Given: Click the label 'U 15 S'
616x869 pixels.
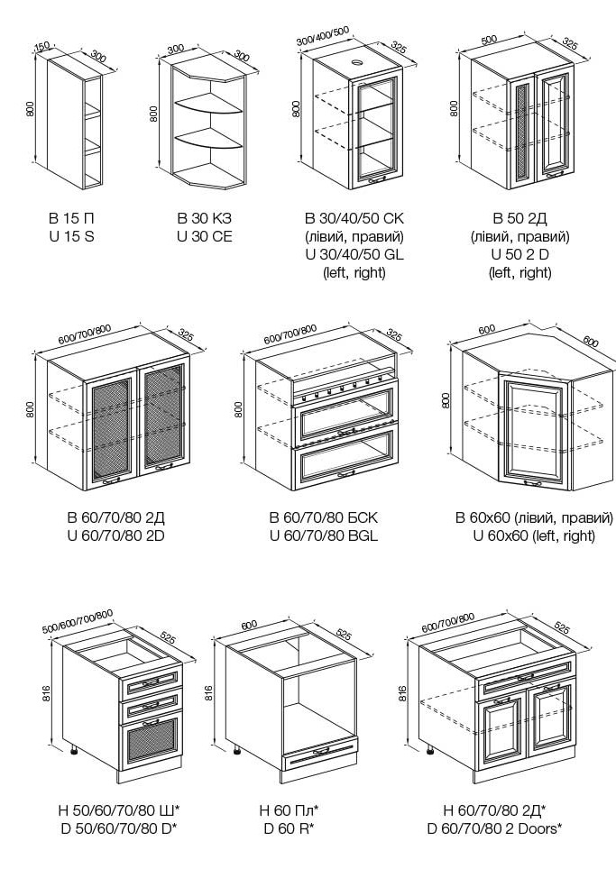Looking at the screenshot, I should (x=72, y=236).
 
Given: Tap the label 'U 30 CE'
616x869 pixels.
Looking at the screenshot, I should (x=205, y=236).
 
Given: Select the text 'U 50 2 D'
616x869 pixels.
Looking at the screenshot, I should (x=520, y=255).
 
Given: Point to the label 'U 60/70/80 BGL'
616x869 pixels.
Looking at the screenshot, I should (x=323, y=535).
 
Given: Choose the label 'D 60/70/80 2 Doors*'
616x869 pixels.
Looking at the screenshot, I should (x=495, y=828).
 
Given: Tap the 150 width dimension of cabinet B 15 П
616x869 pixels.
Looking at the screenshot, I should (x=41, y=47).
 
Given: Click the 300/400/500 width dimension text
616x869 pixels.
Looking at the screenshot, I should (x=322, y=35).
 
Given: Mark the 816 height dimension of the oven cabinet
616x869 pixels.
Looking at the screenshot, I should (x=209, y=692).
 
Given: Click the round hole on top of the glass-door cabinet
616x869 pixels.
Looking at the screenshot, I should (x=354, y=63).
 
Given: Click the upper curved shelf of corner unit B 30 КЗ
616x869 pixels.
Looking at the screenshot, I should (x=209, y=105).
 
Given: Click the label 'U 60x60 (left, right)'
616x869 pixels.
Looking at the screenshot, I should (x=535, y=535).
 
